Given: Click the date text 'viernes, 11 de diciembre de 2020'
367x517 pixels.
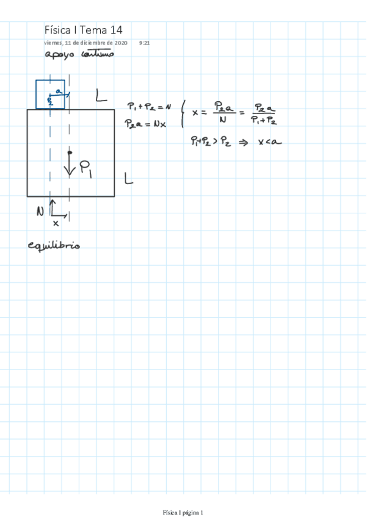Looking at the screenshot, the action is click(85, 43).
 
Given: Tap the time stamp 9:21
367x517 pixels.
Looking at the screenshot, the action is click(145, 43).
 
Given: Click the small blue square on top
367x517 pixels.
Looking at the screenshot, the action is click(50, 94).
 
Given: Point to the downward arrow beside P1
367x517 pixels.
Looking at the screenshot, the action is click(70, 165).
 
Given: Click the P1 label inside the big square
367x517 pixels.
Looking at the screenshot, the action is click(86, 168).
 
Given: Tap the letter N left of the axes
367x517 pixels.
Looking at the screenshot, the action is click(40, 212).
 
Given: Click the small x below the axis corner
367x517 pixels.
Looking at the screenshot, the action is click(56, 223).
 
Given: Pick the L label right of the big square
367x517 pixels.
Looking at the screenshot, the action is click(128, 178).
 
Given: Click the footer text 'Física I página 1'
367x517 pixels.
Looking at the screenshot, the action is click(183, 512).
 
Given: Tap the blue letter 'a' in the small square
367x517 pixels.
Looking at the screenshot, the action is click(58, 91).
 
